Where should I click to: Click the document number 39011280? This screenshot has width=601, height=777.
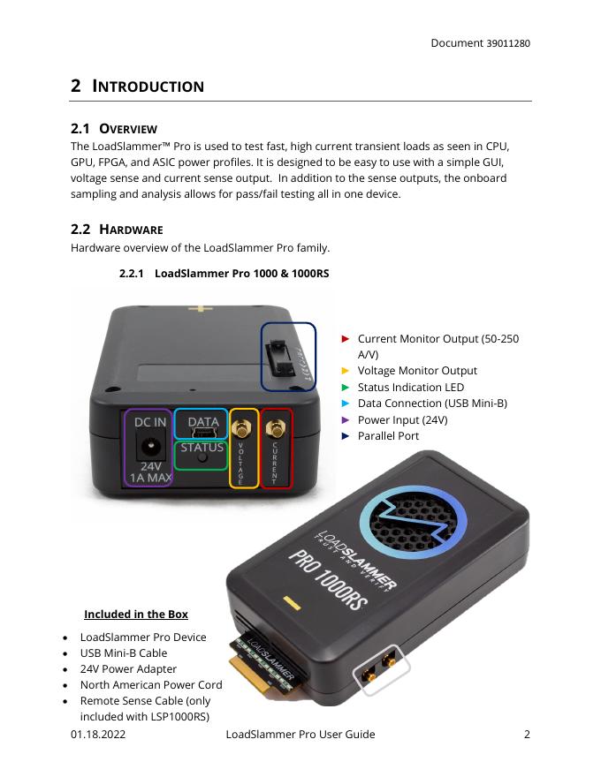tap(508, 43)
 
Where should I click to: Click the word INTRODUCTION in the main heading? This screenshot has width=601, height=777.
tap(148, 87)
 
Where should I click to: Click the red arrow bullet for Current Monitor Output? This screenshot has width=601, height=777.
tap(345, 339)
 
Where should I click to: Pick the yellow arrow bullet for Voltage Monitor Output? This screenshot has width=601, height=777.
tap(345, 371)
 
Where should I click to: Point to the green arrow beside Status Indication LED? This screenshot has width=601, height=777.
tap(345, 387)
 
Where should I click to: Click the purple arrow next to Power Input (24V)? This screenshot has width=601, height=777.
tap(345, 419)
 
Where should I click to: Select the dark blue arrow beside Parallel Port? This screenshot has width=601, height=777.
tap(345, 436)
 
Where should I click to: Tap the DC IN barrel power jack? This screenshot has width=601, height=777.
tap(149, 447)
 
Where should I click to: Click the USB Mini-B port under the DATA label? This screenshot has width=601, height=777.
tap(204, 434)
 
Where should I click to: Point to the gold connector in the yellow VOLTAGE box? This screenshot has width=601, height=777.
tap(242, 428)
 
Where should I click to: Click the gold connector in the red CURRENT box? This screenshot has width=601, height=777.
tap(276, 428)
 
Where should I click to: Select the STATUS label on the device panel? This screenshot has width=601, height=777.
tap(202, 448)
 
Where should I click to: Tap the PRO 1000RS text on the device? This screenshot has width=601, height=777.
tap(328, 579)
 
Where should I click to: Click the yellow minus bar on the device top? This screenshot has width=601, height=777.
tap(292, 604)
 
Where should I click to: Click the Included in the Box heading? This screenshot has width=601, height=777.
tap(136, 614)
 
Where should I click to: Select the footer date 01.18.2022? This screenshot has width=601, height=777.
tap(98, 735)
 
